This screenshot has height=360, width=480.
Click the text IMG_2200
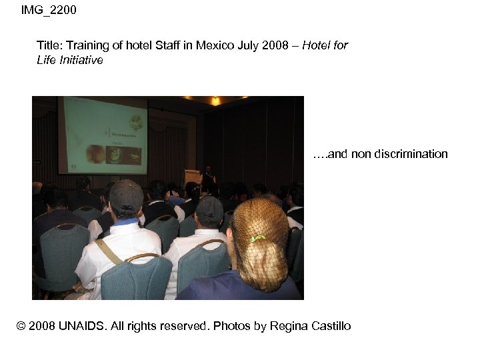coord(49,10)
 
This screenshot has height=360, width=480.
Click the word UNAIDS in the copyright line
coord(78,326)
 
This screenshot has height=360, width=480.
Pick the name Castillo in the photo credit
coord(327,326)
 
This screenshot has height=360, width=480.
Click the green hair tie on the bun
coord(258,238)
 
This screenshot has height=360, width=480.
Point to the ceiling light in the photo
coord(215,101)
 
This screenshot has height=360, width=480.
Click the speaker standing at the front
coord(208,175)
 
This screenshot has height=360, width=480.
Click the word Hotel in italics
coord(318,46)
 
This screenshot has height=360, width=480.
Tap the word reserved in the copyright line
coord(183,326)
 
